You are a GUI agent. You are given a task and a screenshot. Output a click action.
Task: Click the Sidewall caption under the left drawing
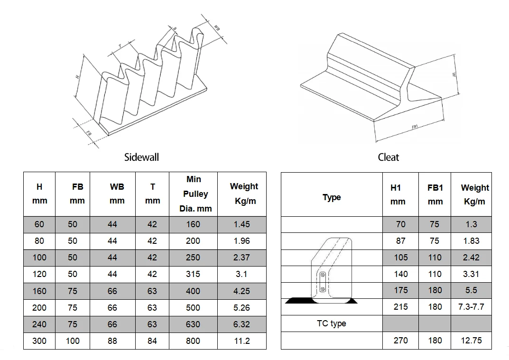click(141, 157)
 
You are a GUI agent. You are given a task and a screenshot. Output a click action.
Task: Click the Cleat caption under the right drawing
click(389, 157)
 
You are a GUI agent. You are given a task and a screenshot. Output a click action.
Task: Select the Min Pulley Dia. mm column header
click(193, 194)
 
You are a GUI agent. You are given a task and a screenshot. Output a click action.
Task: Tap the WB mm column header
click(112, 194)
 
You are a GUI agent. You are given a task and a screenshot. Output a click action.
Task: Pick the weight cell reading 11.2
click(241, 341)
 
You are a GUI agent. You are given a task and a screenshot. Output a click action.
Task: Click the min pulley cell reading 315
click(193, 274)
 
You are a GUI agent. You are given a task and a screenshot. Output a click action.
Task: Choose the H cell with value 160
click(39, 291)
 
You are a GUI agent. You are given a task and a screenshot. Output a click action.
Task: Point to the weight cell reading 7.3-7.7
click(471, 307)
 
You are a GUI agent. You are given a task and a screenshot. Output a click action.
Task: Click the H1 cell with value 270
click(400, 341)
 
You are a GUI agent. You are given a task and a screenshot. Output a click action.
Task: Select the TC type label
click(331, 323)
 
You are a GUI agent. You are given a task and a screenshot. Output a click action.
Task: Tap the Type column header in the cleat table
click(332, 197)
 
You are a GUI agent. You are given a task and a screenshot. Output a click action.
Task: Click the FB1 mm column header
click(435, 194)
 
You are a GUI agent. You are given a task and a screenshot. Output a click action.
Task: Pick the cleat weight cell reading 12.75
click(471, 341)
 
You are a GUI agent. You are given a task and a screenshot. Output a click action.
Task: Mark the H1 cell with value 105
click(400, 258)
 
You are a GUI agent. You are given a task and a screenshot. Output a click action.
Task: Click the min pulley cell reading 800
click(193, 341)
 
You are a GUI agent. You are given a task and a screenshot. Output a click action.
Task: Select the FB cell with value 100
click(72, 341)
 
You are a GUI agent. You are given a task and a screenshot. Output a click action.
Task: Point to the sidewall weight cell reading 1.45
click(241, 224)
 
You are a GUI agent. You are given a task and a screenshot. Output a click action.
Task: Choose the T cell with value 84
click(152, 341)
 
